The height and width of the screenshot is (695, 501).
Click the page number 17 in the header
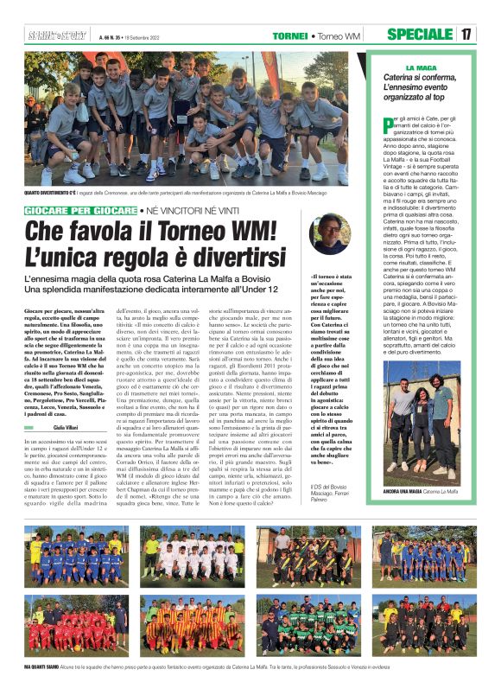(466, 35)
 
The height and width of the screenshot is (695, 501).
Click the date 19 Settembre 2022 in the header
(148, 36)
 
